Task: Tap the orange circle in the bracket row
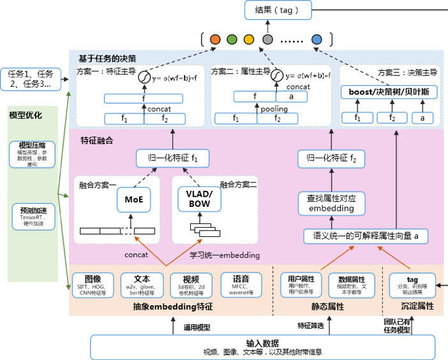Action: tap(214, 40)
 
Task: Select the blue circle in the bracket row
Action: tap(317, 40)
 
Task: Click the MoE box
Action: tap(133, 199)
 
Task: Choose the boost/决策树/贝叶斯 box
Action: tap(388, 92)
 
